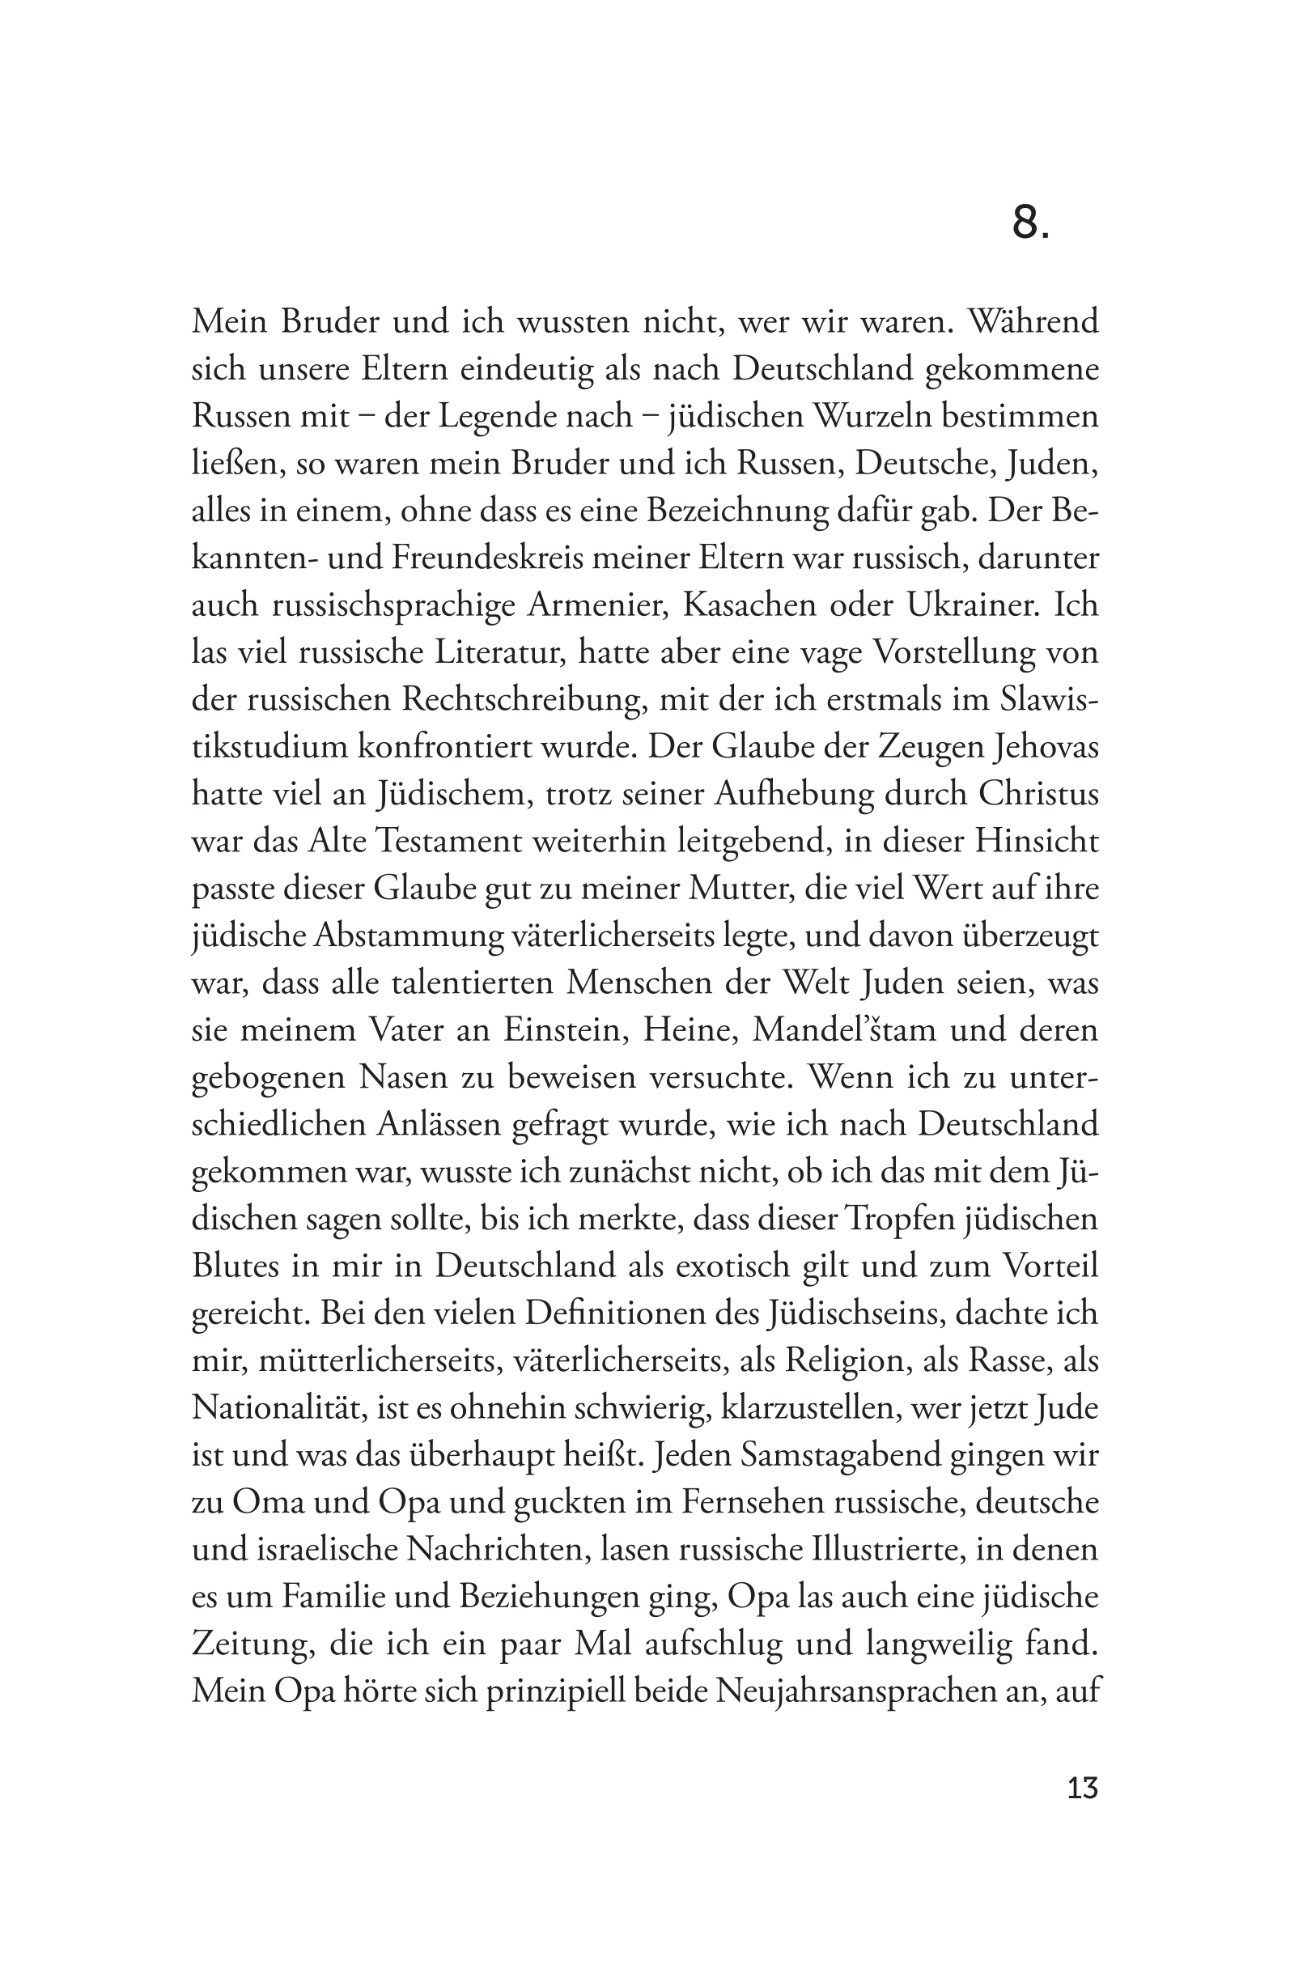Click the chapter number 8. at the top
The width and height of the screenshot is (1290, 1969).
point(1030,223)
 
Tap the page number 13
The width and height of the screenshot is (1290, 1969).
point(1082,1789)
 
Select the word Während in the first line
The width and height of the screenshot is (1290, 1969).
point(1033,321)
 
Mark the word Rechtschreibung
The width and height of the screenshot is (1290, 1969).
point(523,700)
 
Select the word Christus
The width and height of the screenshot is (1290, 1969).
point(1038,794)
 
